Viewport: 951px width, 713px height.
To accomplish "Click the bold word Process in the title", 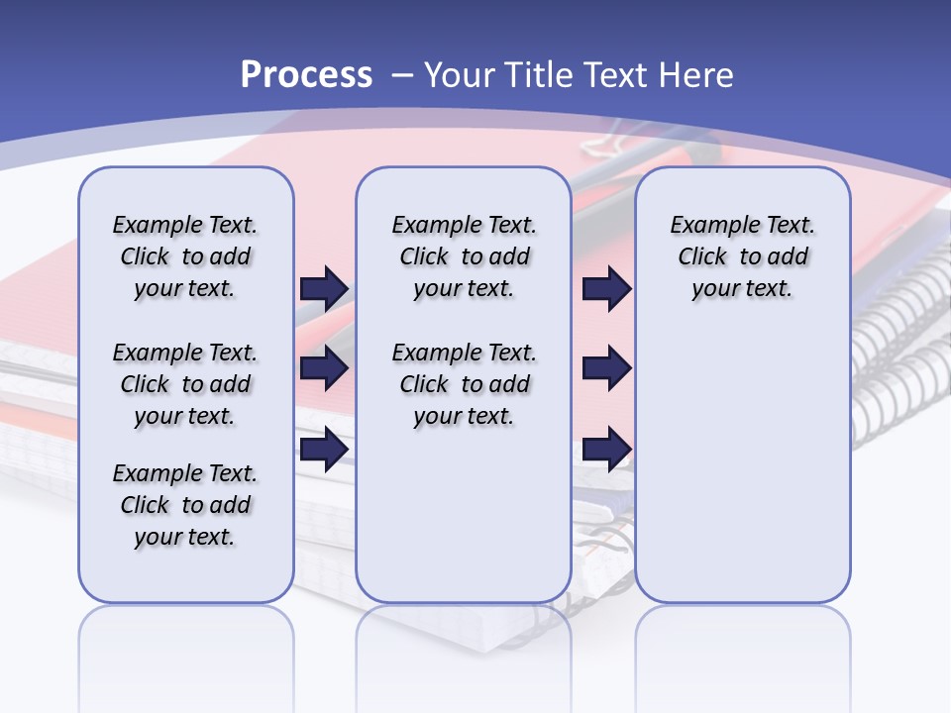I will coord(306,75).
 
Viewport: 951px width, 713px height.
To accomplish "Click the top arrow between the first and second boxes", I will coord(324,288).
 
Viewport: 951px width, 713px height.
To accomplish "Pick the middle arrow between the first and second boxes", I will coord(324,368).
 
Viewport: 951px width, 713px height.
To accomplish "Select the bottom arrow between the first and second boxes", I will coord(324,449).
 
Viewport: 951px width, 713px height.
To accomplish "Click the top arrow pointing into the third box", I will coord(606,288).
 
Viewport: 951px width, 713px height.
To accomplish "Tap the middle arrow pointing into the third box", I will coord(606,368).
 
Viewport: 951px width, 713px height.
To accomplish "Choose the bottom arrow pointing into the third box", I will coord(606,449).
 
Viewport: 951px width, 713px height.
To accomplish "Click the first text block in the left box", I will coord(185,256).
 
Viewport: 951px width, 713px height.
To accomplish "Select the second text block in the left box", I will coord(185,384).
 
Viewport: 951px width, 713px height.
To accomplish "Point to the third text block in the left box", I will coord(185,505).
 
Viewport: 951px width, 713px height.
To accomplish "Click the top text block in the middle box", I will coord(464,256).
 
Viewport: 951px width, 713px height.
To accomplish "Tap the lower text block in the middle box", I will coord(464,384).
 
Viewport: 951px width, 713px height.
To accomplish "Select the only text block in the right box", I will coord(742,256).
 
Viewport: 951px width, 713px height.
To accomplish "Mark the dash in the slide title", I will coord(402,75).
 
